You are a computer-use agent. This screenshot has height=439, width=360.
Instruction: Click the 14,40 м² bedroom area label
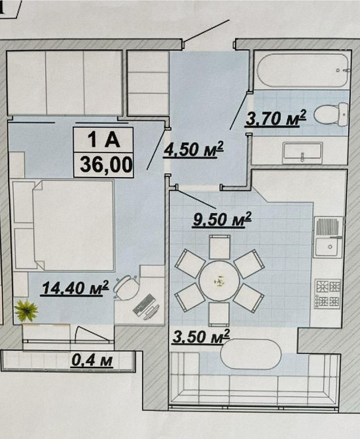point(75,288)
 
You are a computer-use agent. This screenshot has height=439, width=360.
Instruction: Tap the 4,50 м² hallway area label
point(194,149)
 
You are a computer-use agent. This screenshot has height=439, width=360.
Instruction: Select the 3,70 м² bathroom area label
point(276,118)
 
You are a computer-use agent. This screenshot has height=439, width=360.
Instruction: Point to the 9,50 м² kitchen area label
point(222,219)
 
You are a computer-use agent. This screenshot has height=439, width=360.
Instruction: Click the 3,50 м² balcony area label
point(201,336)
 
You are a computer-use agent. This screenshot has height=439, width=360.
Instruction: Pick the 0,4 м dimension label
point(92,360)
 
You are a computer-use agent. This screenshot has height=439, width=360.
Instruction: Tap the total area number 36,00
point(106,164)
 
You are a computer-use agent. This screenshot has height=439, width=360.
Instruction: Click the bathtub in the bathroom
point(303,69)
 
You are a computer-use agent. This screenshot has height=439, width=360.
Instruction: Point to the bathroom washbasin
point(302,153)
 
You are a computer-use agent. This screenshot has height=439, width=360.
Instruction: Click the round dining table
point(219,280)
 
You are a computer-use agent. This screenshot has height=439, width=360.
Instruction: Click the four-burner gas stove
point(328,294)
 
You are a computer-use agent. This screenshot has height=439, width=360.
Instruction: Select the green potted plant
point(26,311)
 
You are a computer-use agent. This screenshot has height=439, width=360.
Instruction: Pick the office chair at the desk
point(126,288)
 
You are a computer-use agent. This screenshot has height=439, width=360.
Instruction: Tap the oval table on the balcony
point(251,354)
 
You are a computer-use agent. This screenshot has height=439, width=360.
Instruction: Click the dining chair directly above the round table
point(219,247)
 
